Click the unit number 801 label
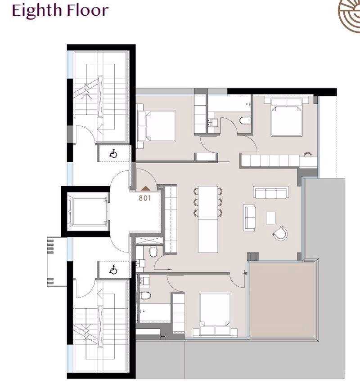145,198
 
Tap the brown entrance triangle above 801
145,188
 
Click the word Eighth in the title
37,10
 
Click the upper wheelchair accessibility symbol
113,153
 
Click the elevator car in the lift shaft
87,211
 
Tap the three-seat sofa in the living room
271,192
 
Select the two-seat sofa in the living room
249,218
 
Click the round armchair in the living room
280,233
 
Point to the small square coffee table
270,218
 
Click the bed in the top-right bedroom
287,116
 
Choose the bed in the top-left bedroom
157,126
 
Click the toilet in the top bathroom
245,120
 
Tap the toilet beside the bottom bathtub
145,295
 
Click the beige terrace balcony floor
281,300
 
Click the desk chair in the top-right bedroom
307,154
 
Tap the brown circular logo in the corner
349,13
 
